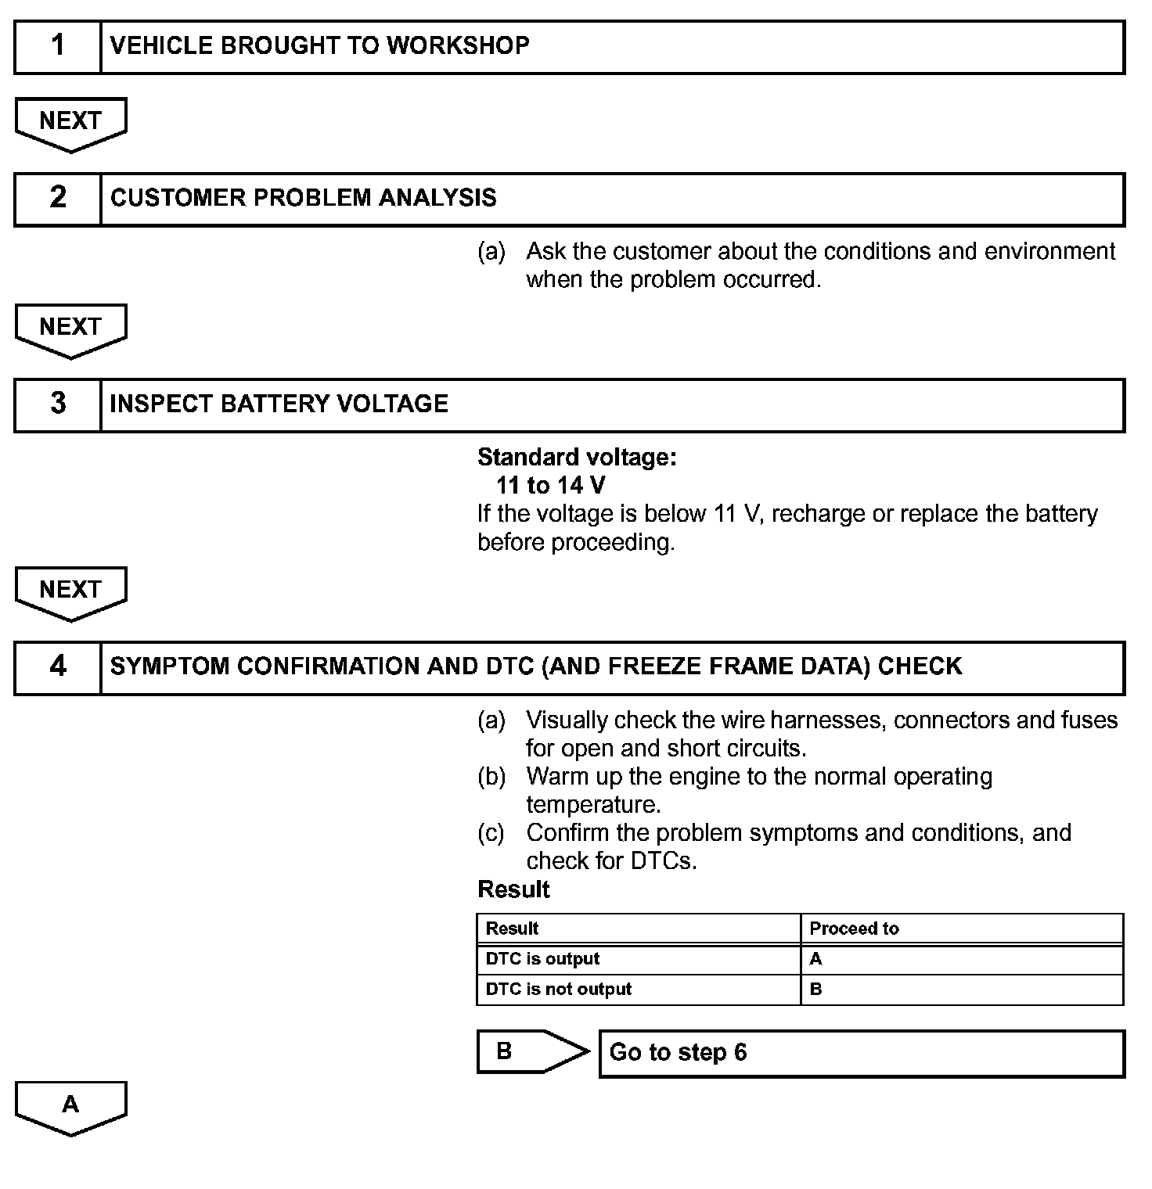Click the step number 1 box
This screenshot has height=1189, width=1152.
(58, 47)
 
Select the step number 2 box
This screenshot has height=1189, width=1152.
(58, 199)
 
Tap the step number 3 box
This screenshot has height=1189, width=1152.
(58, 404)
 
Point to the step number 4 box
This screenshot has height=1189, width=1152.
(58, 667)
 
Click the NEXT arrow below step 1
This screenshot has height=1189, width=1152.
(70, 123)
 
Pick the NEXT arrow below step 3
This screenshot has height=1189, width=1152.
(70, 591)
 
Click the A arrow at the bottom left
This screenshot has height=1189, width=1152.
(70, 1106)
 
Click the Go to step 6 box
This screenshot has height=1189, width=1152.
(861, 1053)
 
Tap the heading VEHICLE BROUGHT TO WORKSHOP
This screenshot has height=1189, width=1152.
(319, 46)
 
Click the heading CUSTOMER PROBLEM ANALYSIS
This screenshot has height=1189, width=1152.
(303, 198)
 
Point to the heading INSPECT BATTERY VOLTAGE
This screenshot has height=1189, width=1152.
(279, 404)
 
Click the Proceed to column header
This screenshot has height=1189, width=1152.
(854, 929)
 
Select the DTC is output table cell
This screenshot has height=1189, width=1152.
(542, 959)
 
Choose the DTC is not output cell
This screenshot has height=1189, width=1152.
(558, 990)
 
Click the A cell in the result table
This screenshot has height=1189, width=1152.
(815, 959)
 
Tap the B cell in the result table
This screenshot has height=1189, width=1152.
(815, 990)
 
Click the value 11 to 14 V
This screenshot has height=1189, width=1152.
(550, 486)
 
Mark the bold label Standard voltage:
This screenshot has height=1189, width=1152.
(577, 457)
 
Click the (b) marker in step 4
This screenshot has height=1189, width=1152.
(491, 777)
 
